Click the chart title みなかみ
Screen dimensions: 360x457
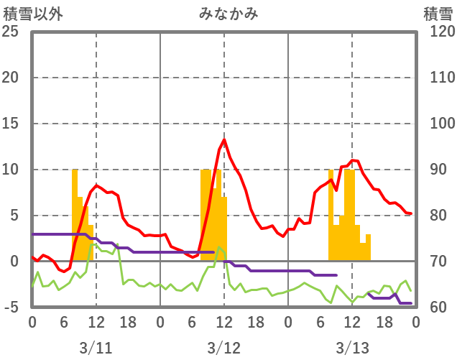click(x=228, y=13)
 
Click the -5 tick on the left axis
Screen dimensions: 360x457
click(x=11, y=308)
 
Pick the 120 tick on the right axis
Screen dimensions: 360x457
click(x=438, y=32)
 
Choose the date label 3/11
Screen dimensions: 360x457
click(x=96, y=348)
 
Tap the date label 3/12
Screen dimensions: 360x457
click(x=223, y=348)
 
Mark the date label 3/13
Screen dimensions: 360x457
click(x=351, y=348)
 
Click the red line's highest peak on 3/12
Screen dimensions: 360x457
click(x=224, y=139)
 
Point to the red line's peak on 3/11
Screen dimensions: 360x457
click(x=96, y=186)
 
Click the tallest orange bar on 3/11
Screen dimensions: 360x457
click(x=75, y=216)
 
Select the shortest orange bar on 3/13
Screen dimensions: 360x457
click(x=363, y=252)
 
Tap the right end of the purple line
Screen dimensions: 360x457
click(x=410, y=303)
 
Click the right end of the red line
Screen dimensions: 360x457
click(x=410, y=213)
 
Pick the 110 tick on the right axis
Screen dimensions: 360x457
click(x=438, y=78)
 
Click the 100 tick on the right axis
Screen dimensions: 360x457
click(x=438, y=124)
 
